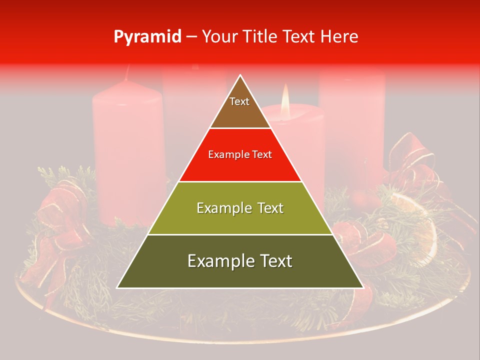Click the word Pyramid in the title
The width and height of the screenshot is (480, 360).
click(x=147, y=37)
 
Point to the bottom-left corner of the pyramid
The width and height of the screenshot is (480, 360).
click(x=117, y=288)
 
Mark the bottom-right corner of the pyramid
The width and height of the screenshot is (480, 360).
click(x=363, y=288)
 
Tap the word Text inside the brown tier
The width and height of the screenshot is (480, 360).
click(x=239, y=101)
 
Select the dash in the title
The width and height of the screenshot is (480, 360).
click(x=191, y=37)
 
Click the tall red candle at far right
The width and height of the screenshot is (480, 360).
click(x=352, y=125)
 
